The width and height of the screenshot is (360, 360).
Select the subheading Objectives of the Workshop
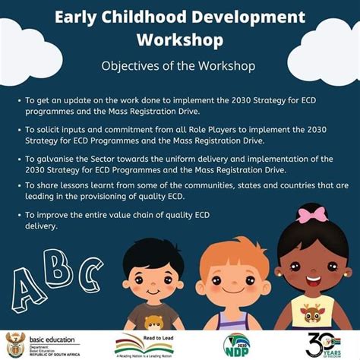pos(179,65)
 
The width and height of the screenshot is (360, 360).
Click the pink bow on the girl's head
pos(312,215)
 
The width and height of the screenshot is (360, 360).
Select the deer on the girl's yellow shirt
pos(312,313)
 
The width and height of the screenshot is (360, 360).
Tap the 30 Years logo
pos(326,344)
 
